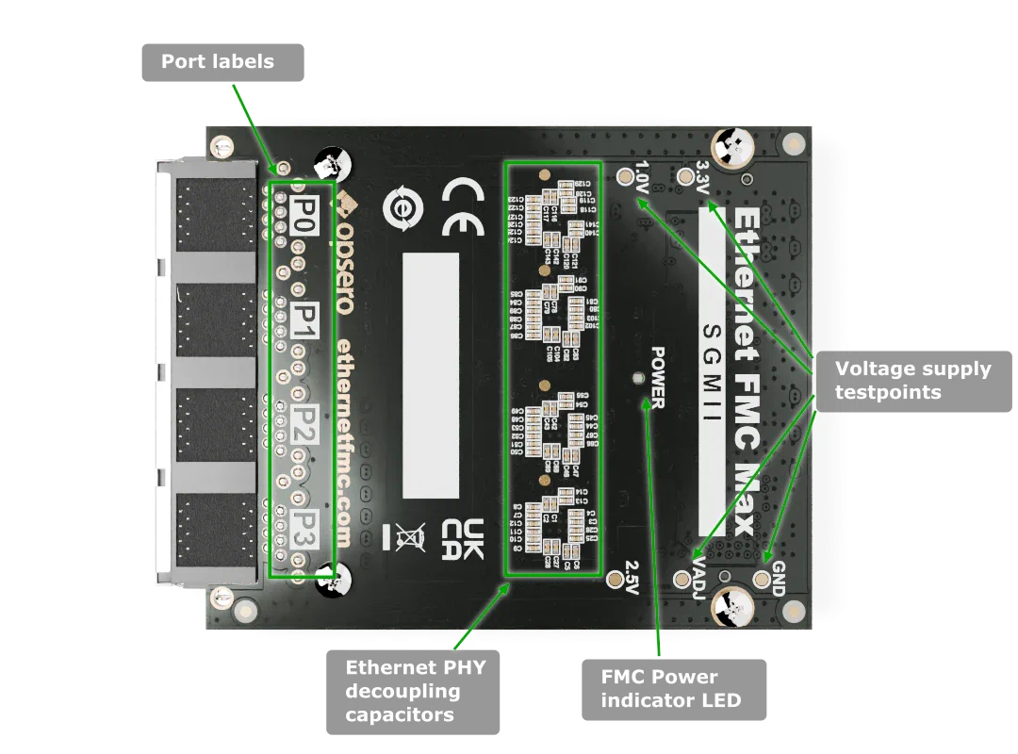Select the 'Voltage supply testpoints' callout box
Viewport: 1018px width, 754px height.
(x=912, y=380)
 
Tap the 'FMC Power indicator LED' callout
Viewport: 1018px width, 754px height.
(x=671, y=689)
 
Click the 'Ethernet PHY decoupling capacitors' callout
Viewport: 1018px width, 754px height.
(x=415, y=691)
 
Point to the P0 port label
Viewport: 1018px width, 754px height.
(x=304, y=209)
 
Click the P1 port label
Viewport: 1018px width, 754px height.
(x=304, y=316)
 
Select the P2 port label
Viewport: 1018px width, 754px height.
(x=303, y=420)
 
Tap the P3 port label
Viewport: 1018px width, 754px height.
(x=303, y=527)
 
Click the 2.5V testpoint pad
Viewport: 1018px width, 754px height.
(x=617, y=578)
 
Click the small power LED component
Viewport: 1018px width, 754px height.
(x=640, y=378)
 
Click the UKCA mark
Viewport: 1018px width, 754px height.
(x=462, y=538)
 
